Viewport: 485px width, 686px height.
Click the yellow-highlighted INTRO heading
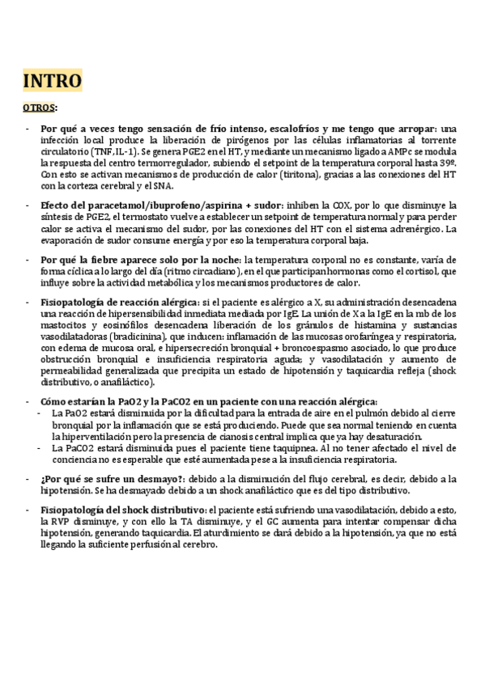(x=52, y=81)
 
